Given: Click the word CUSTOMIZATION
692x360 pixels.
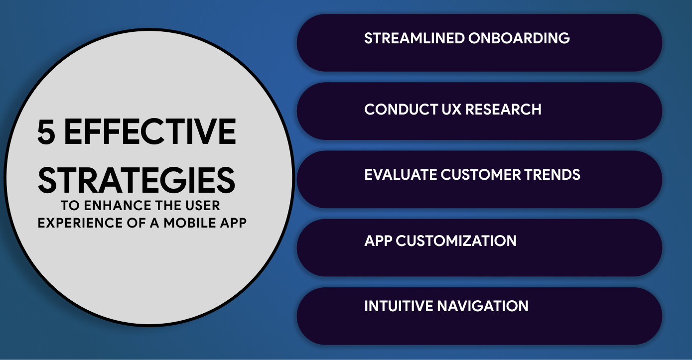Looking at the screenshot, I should (x=456, y=241).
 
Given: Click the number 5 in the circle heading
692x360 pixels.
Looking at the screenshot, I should (x=46, y=132).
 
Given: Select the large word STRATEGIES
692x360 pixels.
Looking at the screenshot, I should (x=137, y=180).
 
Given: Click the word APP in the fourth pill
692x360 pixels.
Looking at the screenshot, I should (x=379, y=241).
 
